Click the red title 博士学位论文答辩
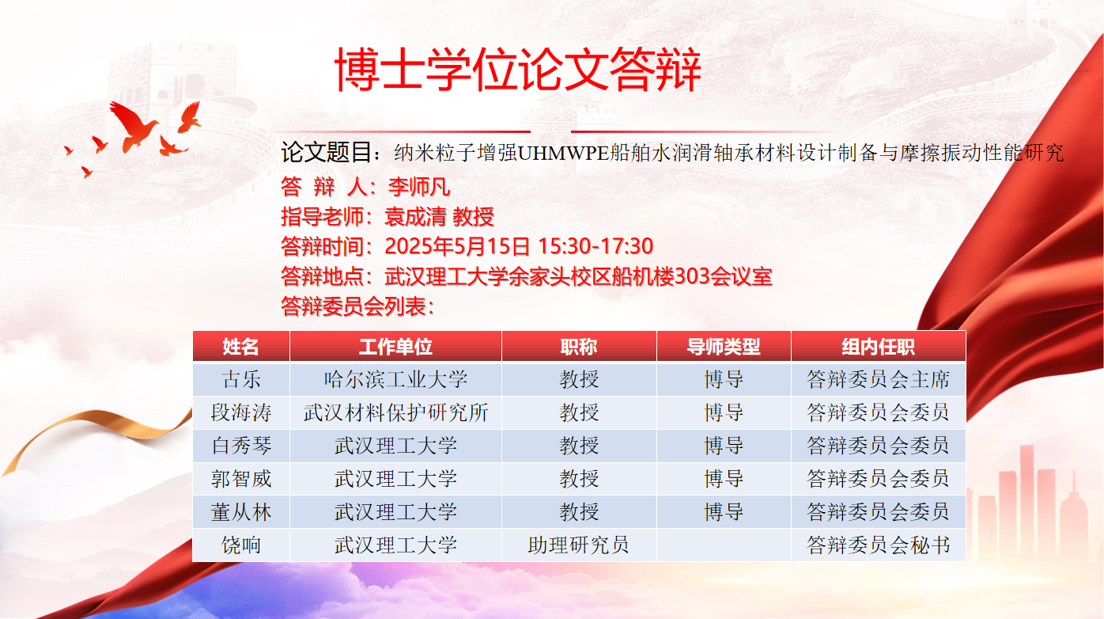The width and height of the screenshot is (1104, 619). pyautogui.click(x=517, y=69)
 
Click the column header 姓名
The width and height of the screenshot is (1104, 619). pyautogui.click(x=240, y=347)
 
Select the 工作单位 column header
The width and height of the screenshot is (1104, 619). pyautogui.click(x=395, y=347)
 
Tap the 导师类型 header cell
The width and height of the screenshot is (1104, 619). pyautogui.click(x=724, y=347)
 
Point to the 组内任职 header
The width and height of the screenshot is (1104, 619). pyautogui.click(x=878, y=347)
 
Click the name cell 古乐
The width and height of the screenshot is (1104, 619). pyautogui.click(x=241, y=379)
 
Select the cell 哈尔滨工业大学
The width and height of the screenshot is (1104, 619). pyautogui.click(x=395, y=379)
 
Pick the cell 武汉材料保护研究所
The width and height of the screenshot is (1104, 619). pyautogui.click(x=395, y=412)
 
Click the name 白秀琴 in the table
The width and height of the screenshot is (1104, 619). pyautogui.click(x=241, y=446)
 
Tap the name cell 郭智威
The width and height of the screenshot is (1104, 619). pyautogui.click(x=241, y=478)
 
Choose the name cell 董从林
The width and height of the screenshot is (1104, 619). pyautogui.click(x=241, y=512)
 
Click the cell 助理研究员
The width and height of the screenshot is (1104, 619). pyautogui.click(x=579, y=545)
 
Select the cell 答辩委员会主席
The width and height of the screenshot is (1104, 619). pyautogui.click(x=878, y=379)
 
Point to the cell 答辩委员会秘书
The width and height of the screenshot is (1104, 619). pyautogui.click(x=878, y=545)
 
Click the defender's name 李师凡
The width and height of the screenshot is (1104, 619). pyautogui.click(x=419, y=187)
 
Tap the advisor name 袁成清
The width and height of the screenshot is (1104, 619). pyautogui.click(x=415, y=217)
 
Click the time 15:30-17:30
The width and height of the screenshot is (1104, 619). pyautogui.click(x=595, y=245)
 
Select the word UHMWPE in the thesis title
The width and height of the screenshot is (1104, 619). pyautogui.click(x=563, y=153)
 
